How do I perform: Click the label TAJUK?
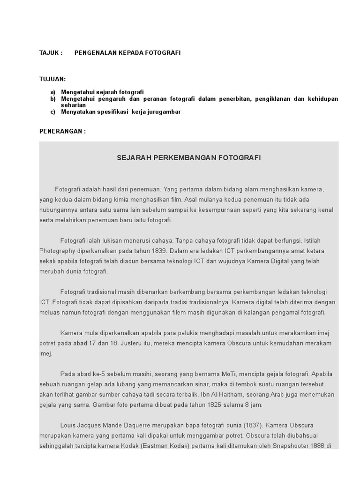49,53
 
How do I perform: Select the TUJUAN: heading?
52,79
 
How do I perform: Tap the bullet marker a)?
53,92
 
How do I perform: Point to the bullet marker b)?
53,99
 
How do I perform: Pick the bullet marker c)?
53,112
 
